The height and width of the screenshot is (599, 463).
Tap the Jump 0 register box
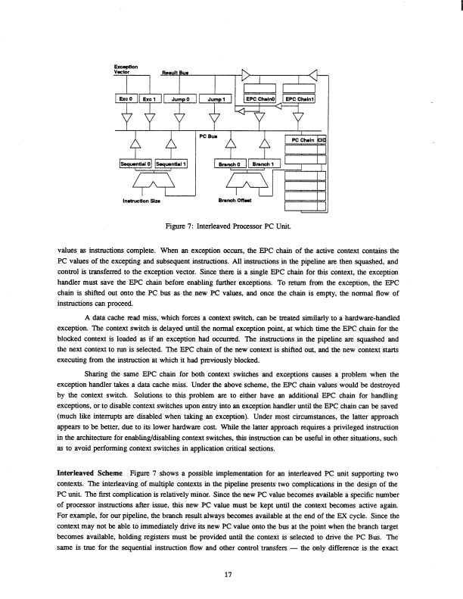[180, 98]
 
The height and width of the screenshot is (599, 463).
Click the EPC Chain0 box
[259, 98]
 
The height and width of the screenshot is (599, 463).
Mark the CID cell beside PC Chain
[321, 140]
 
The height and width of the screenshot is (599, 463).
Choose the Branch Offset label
[234, 201]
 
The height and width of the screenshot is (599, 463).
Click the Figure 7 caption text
[232, 225]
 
